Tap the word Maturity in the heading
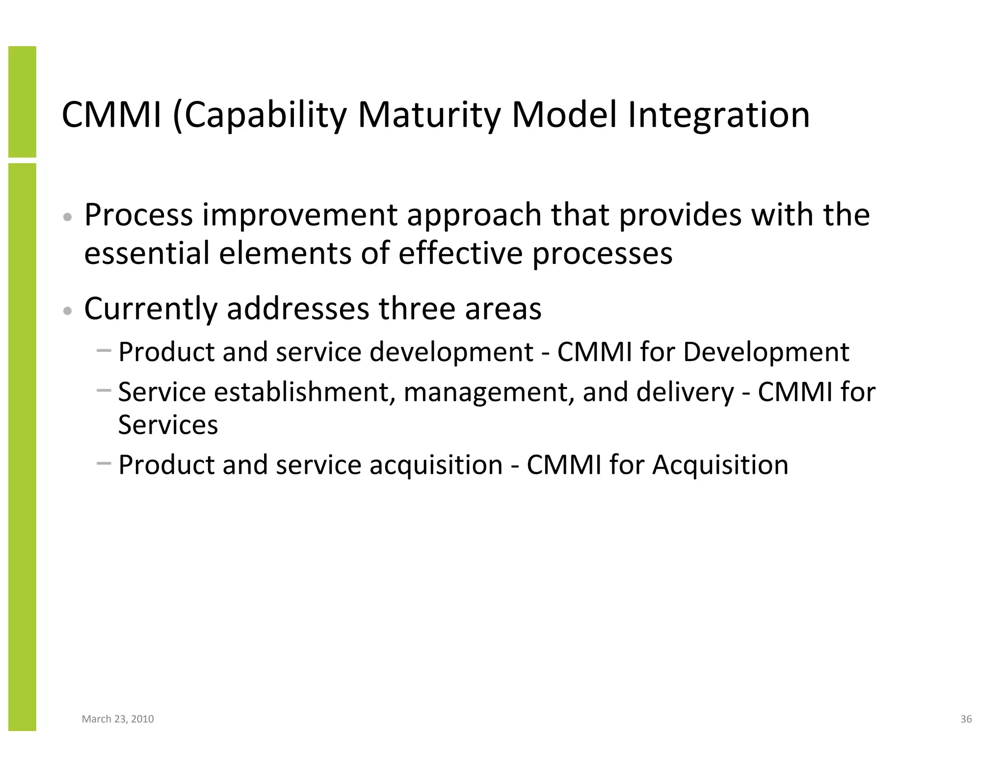pyautogui.click(x=429, y=116)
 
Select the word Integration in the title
pyautogui.click(x=718, y=116)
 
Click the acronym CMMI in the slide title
pyautogui.click(x=111, y=116)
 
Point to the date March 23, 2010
pyautogui.click(x=118, y=719)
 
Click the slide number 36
pyautogui.click(x=966, y=719)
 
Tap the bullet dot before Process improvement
pyautogui.click(x=68, y=217)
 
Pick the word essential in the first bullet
pyautogui.click(x=147, y=253)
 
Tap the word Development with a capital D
pyautogui.click(x=766, y=352)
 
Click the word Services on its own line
pyautogui.click(x=168, y=425)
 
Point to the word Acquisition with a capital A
pyautogui.click(x=720, y=465)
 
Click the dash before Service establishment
pyautogui.click(x=104, y=390)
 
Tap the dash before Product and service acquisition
pyautogui.click(x=104, y=463)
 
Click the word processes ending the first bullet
pyautogui.click(x=602, y=253)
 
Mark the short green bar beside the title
pyautogui.click(x=22, y=102)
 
